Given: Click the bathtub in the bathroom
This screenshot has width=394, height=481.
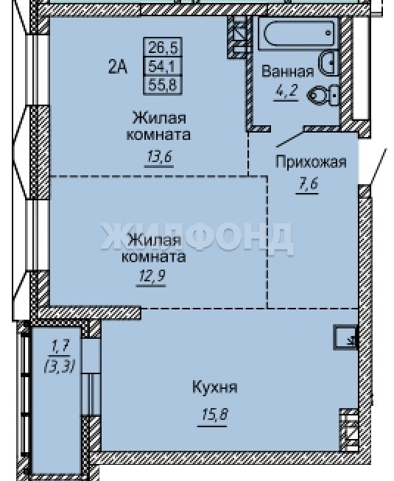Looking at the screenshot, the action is click(x=298, y=33).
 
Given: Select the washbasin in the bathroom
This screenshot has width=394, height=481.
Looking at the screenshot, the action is click(x=328, y=63).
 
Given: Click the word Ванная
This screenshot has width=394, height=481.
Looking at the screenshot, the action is click(x=288, y=71).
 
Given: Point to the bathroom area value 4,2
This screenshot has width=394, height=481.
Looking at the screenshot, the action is click(x=286, y=91).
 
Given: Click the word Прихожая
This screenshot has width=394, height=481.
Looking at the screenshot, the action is click(x=311, y=161).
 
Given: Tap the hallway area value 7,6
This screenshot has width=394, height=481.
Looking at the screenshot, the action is click(x=307, y=184).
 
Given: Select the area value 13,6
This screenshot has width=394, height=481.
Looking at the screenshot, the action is click(x=159, y=157).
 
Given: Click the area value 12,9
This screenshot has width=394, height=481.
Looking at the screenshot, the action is click(x=152, y=276).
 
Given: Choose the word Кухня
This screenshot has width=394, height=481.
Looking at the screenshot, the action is click(x=214, y=387).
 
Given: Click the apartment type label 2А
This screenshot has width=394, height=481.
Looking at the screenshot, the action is click(x=118, y=67).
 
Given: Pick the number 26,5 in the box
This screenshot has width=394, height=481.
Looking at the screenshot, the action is click(x=163, y=47).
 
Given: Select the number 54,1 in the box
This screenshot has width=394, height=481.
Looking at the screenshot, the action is click(x=163, y=66).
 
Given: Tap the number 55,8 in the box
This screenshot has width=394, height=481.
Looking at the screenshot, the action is click(x=163, y=85).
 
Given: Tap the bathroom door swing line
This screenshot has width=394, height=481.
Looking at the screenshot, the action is click(x=290, y=139).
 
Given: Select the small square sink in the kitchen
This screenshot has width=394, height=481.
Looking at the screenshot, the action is click(x=345, y=338).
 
